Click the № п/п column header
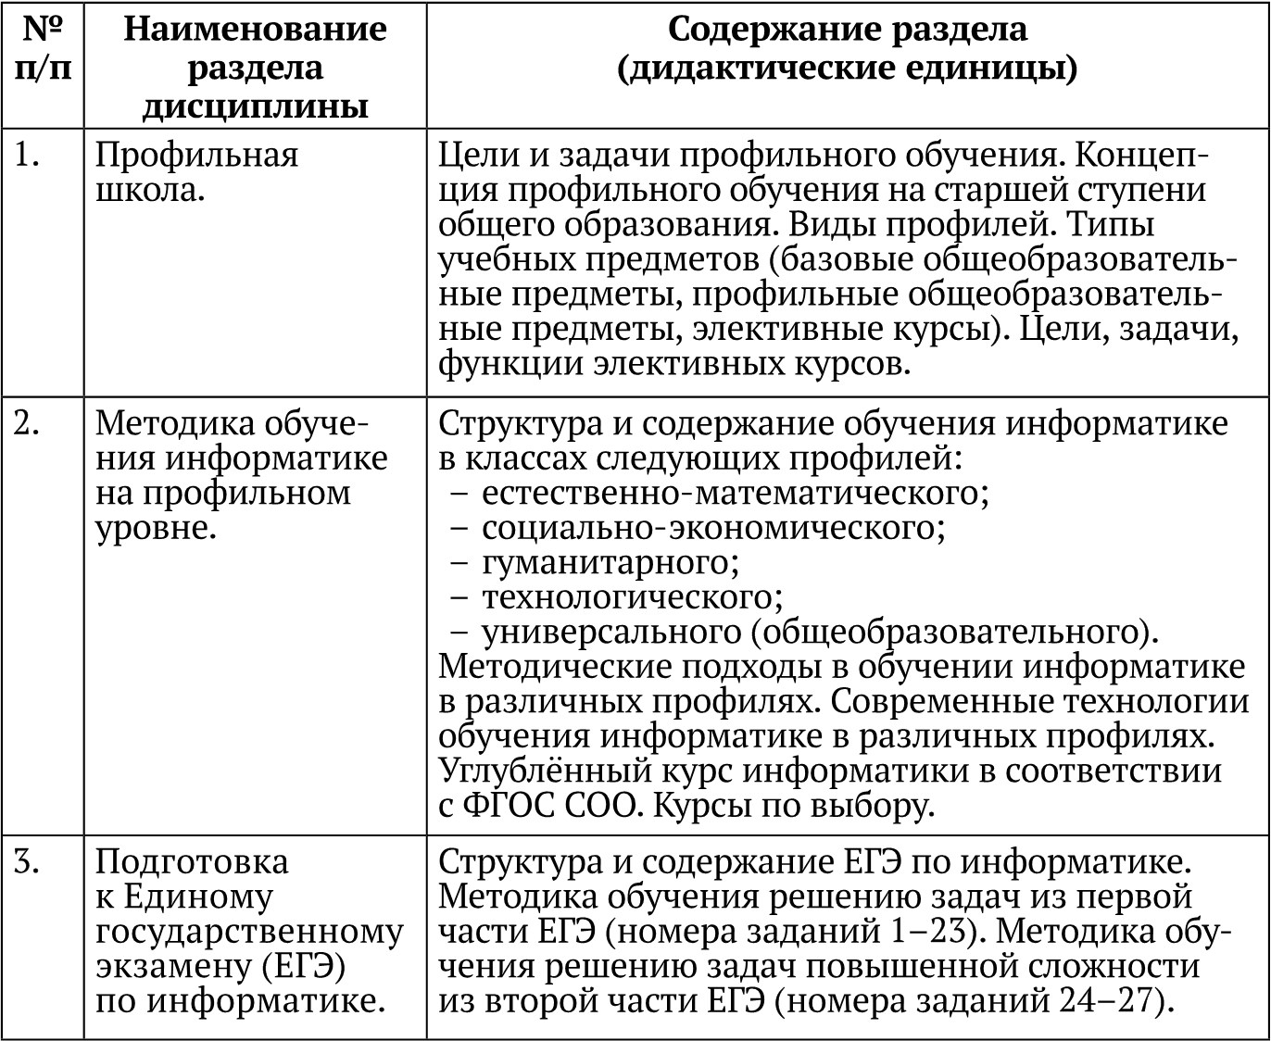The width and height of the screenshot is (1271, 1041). click(43, 48)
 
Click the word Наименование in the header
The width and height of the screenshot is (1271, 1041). click(255, 29)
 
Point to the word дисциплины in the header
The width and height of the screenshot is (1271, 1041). click(255, 107)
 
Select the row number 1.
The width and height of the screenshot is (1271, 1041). click(28, 156)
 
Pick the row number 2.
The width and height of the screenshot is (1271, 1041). click(28, 423)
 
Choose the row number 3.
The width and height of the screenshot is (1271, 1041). click(28, 862)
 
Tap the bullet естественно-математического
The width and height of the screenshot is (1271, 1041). click(735, 493)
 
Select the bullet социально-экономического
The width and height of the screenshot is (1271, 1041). click(712, 528)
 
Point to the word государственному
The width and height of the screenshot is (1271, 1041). click(249, 932)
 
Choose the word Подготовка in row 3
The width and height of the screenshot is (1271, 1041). click(192, 862)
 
